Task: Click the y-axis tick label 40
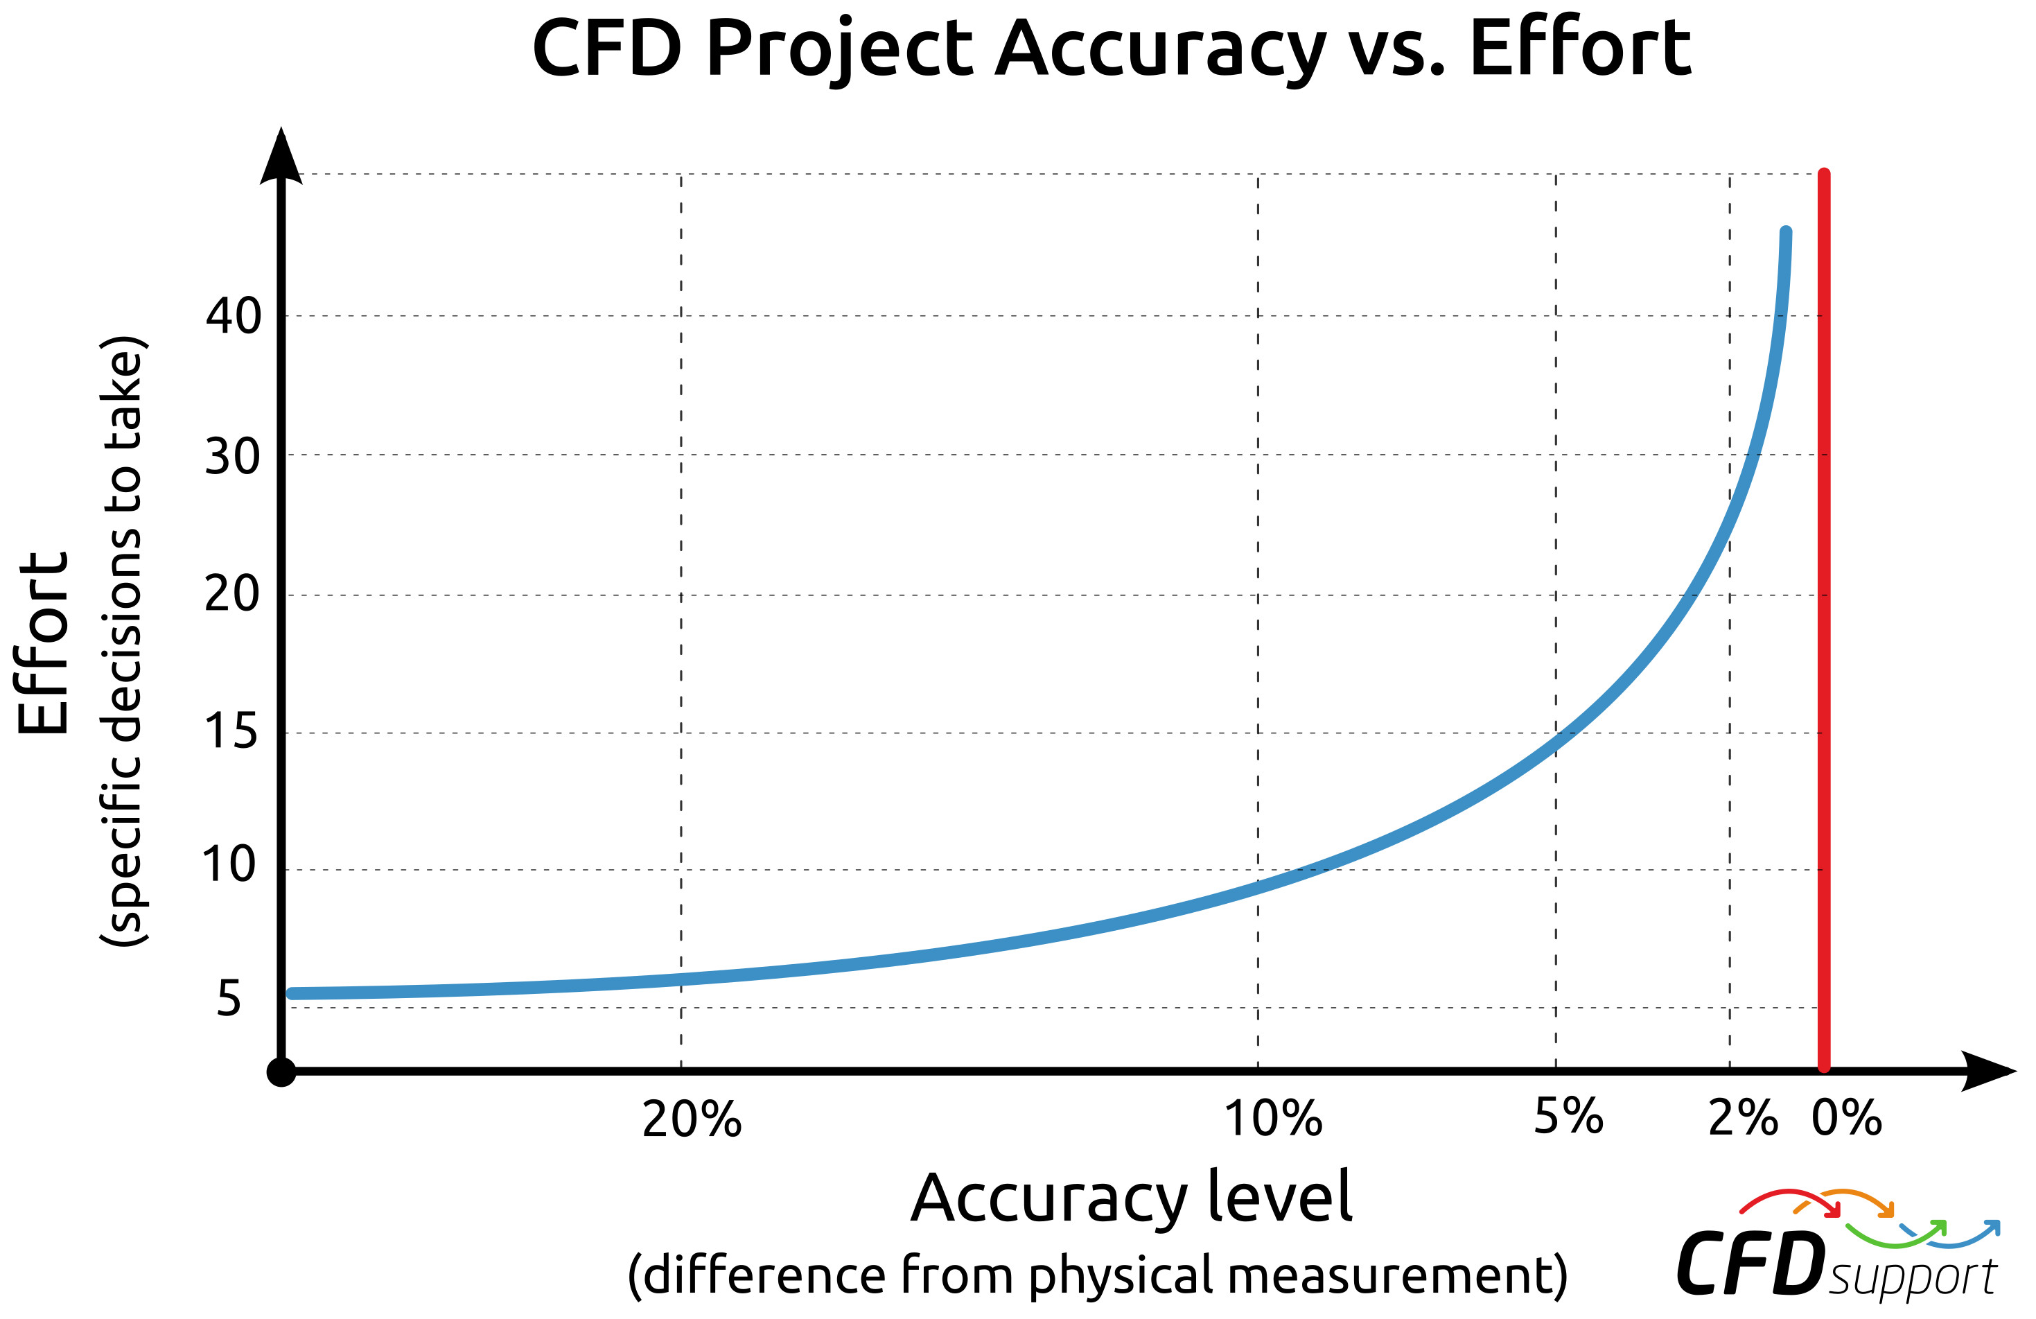click(233, 317)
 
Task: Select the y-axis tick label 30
click(232, 457)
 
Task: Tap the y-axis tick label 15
click(230, 731)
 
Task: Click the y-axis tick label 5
click(229, 999)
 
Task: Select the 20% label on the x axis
click(691, 1119)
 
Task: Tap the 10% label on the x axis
click(1273, 1118)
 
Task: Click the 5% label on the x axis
click(1568, 1117)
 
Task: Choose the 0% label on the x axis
click(1847, 1117)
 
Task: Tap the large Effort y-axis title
click(43, 643)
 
